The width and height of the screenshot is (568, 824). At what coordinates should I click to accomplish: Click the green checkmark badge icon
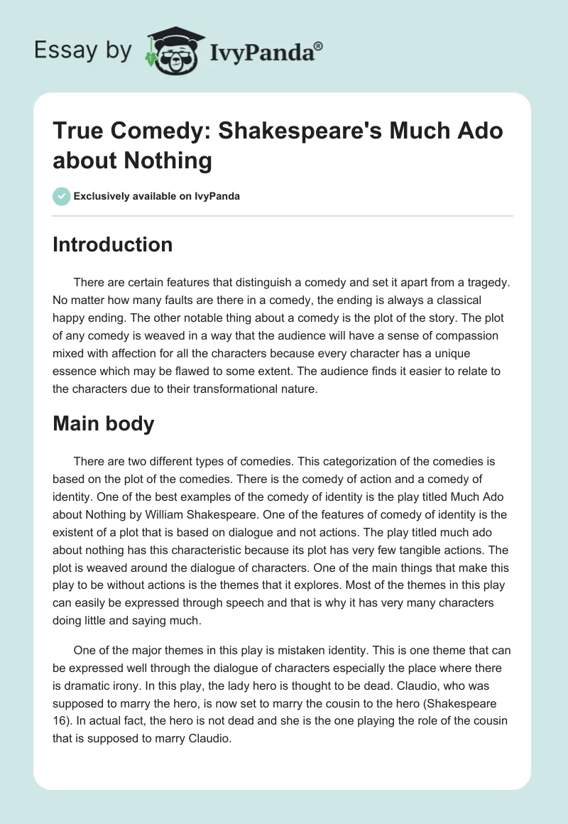(x=62, y=196)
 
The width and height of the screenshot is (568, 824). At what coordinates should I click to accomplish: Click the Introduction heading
(x=113, y=244)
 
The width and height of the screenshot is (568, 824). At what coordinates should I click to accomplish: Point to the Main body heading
(x=104, y=423)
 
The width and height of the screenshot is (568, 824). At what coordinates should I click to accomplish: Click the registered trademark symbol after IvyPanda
(x=318, y=45)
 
